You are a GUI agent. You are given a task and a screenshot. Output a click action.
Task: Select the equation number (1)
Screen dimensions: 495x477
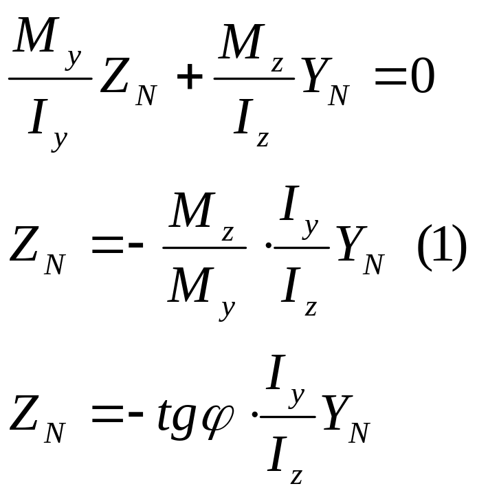click(x=442, y=250)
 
